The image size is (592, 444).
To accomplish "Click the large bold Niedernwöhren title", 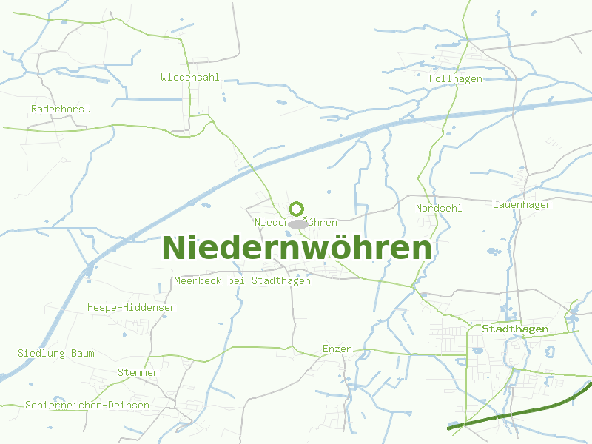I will (x=297, y=249).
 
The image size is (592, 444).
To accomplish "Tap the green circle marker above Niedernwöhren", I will (x=297, y=209).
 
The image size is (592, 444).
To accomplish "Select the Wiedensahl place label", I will (x=190, y=77).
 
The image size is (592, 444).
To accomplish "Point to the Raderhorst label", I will (x=61, y=109).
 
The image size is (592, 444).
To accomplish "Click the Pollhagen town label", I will (x=456, y=78).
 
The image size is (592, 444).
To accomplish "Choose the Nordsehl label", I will (x=439, y=208).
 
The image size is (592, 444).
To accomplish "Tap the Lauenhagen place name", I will (x=522, y=204).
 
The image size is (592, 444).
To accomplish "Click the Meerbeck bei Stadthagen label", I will (x=242, y=281).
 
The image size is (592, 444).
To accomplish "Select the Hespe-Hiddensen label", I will (x=132, y=307).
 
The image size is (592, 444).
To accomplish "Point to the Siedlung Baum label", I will (x=56, y=353).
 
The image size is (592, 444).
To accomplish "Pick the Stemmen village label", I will (x=138, y=372).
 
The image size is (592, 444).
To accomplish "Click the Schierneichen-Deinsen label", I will (x=87, y=405).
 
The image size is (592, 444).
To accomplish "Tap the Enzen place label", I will (x=337, y=349).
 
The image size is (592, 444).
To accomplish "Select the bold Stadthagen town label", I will (x=515, y=329).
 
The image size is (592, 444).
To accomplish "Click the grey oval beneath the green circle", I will (x=297, y=224).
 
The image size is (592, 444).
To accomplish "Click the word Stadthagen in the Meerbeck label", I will (x=281, y=281).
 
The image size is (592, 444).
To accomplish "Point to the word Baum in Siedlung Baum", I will (x=83, y=353).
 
